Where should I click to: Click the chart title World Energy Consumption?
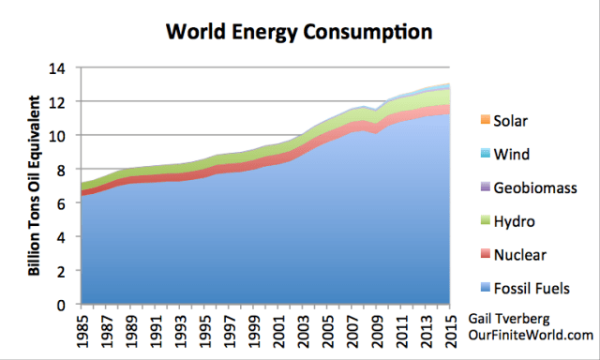(x=298, y=32)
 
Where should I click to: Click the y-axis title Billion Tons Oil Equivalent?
(x=35, y=187)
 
